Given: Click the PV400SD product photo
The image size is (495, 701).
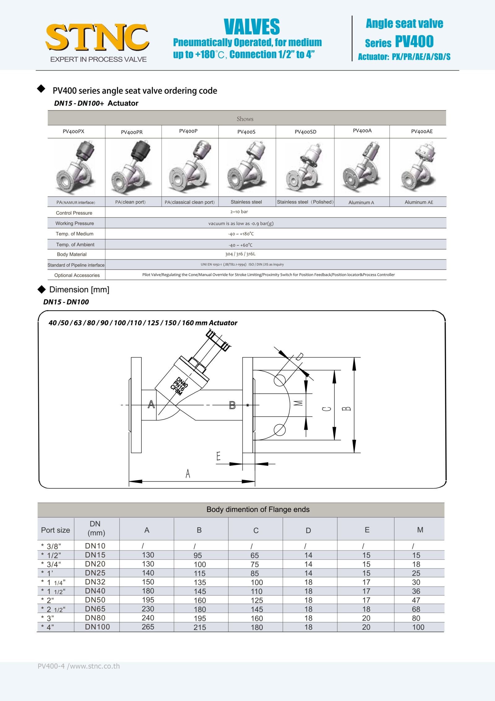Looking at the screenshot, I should tap(305, 167).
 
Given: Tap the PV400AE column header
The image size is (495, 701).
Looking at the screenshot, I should tap(422, 132).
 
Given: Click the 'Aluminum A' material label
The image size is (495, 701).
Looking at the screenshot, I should tap(361, 203).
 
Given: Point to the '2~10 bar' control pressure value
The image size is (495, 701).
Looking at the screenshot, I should tap(239, 212).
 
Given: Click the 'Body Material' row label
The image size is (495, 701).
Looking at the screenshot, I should tap(72, 254).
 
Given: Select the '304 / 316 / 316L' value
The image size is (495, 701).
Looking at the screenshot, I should tap(240, 254).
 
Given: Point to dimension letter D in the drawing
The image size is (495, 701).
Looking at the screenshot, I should tap(299, 357).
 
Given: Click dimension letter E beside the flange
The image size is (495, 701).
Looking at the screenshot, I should tap(218, 456).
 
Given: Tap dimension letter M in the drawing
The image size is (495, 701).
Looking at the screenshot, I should tap(298, 403).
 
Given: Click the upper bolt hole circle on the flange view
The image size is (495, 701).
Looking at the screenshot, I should tap(280, 380).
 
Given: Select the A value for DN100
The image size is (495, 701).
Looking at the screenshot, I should tap(148, 627).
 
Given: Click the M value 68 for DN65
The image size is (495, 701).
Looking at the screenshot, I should tap(416, 609).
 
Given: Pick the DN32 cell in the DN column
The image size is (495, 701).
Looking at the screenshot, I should tap(95, 582).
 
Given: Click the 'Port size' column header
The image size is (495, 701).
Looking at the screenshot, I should tap(55, 530).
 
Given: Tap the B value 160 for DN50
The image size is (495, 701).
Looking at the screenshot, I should tap(200, 600).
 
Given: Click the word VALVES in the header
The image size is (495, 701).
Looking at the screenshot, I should tap(252, 27).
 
